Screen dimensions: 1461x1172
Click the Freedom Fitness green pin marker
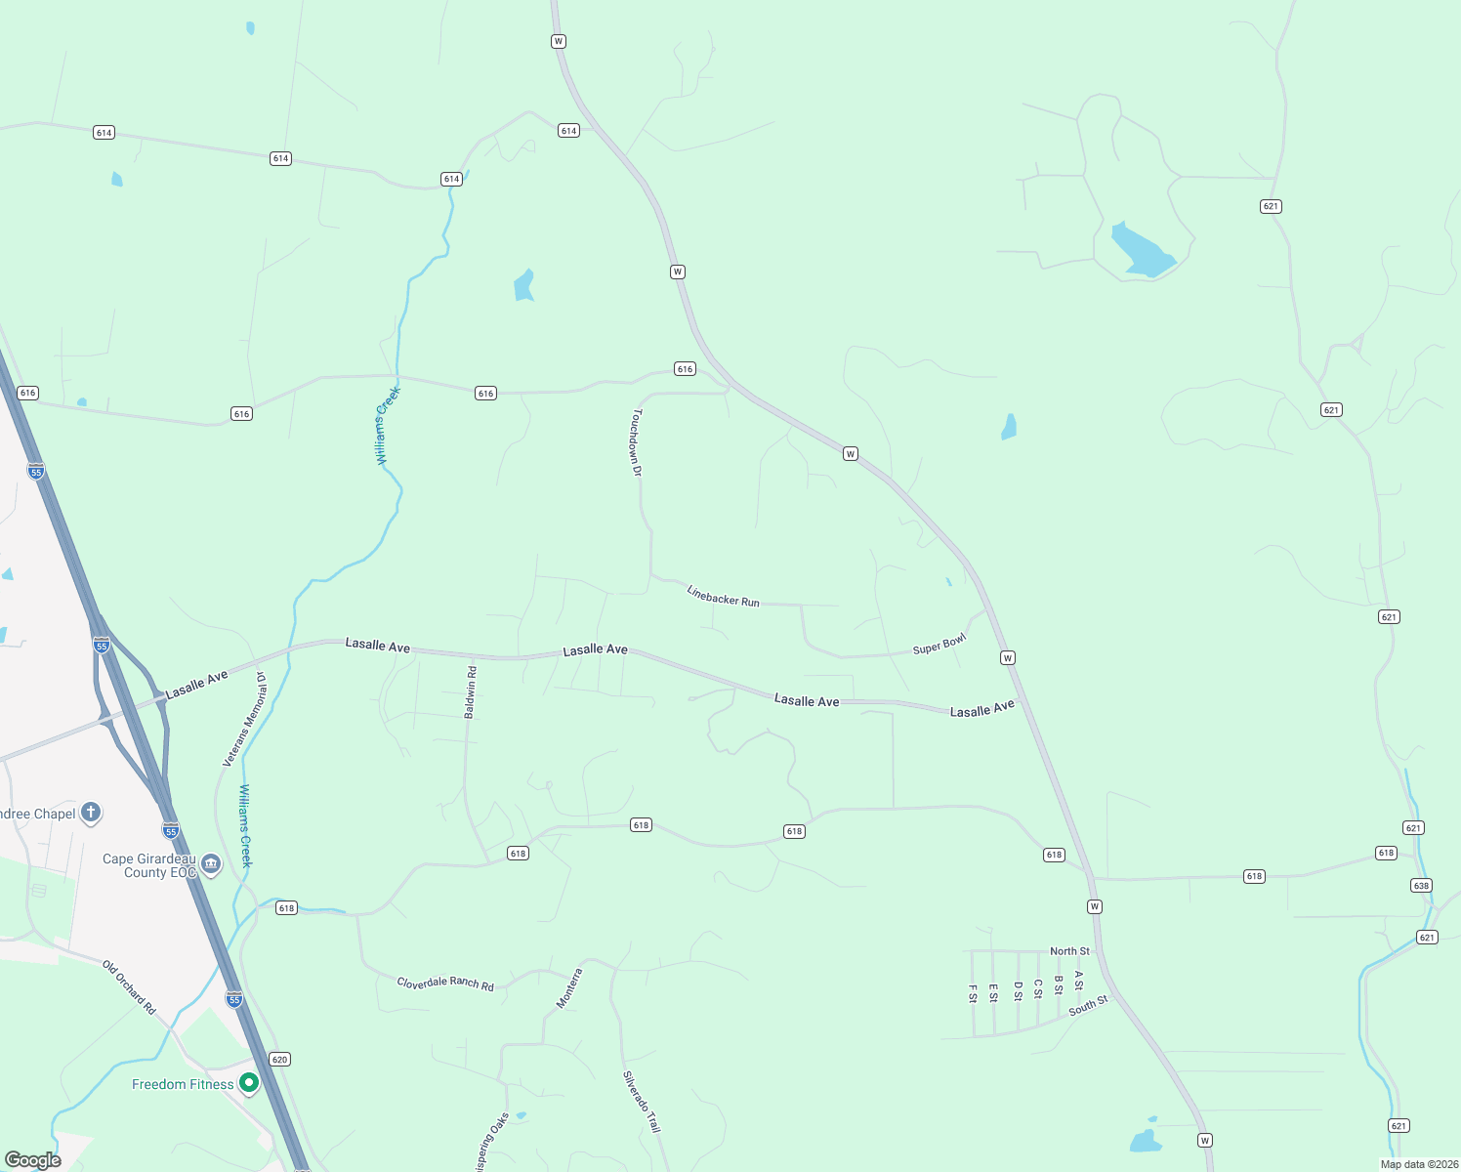click(249, 1082)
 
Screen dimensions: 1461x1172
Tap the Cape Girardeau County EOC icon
click(211, 864)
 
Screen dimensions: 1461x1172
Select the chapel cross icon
click(90, 812)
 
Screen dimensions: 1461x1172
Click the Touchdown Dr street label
click(637, 442)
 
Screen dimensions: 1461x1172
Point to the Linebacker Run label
click(723, 596)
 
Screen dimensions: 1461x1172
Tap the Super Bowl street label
click(939, 645)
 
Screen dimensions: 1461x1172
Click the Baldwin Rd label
click(471, 692)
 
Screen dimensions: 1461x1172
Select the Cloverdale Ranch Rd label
click(445, 983)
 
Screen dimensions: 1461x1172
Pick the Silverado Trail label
click(642, 1102)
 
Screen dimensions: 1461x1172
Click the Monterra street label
click(569, 987)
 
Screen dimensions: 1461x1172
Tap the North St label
click(1069, 951)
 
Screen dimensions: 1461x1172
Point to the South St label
click(1088, 1006)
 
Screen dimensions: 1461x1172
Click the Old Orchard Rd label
click(129, 986)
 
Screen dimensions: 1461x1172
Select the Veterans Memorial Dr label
click(244, 719)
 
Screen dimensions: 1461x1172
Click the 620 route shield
click(280, 1059)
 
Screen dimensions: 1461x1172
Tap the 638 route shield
click(1421, 886)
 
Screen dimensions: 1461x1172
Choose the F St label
click(973, 993)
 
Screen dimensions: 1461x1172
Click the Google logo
click(33, 1160)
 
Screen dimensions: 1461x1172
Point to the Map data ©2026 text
click(1418, 1164)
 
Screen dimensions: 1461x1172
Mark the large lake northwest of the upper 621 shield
click(1141, 251)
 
